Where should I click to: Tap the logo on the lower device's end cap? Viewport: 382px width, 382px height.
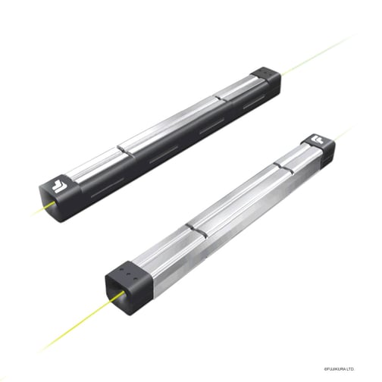click(x=318, y=142)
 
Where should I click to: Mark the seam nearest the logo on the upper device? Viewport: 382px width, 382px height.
click(x=124, y=152)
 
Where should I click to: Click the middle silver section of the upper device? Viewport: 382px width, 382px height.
click(x=174, y=126)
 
